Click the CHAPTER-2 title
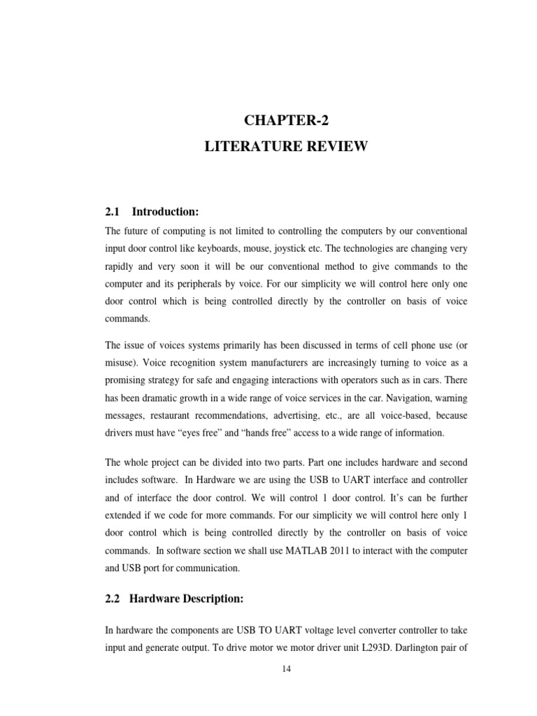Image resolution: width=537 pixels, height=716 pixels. click(x=286, y=120)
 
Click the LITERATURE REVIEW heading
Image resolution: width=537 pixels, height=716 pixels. click(x=286, y=146)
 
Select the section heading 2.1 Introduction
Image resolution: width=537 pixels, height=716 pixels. click(x=152, y=212)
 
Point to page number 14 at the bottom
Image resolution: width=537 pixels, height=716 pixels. click(x=286, y=669)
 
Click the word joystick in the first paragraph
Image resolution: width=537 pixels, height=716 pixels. click(x=290, y=249)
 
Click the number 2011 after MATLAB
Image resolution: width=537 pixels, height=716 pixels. click(x=340, y=550)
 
